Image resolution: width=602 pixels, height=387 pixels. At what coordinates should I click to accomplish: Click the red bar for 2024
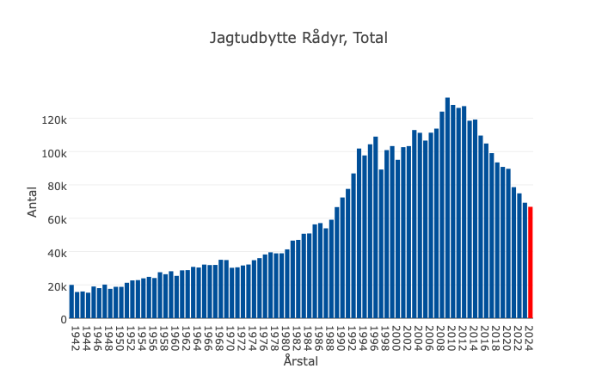tap(531, 263)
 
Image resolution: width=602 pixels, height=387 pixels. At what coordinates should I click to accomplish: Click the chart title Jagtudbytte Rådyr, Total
tap(299, 38)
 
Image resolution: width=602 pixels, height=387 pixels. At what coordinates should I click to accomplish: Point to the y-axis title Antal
tap(33, 202)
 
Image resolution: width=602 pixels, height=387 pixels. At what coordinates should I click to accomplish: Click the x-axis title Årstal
tap(301, 362)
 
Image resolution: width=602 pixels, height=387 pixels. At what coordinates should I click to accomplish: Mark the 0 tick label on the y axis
tap(63, 319)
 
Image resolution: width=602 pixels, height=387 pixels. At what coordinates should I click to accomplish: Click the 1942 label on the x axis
tap(77, 335)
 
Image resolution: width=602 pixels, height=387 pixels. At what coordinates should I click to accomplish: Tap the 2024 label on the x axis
tap(531, 335)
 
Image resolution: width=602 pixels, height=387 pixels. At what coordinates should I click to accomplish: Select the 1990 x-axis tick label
tap(342, 335)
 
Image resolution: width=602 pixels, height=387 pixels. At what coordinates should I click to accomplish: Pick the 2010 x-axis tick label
tap(453, 335)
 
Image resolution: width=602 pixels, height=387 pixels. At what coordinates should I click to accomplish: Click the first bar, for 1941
tap(71, 302)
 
